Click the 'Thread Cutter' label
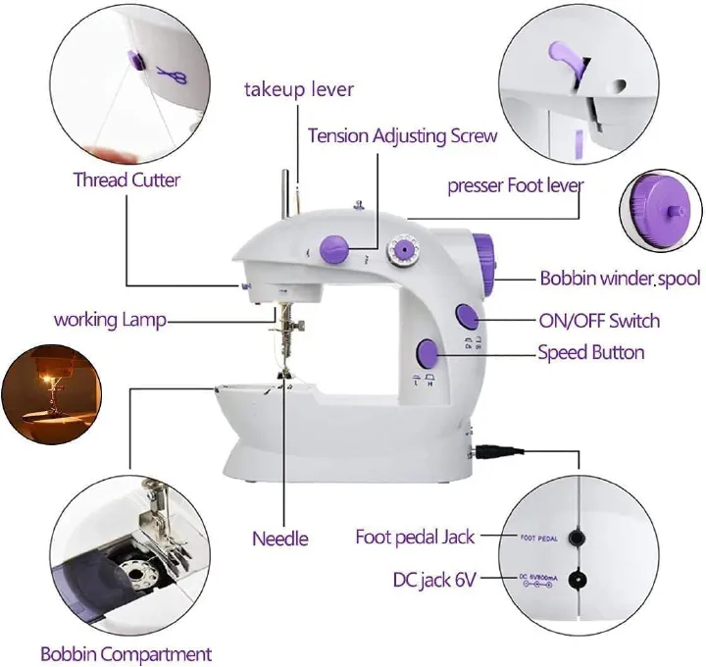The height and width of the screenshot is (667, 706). [126, 180]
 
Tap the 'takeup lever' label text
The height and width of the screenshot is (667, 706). [298, 89]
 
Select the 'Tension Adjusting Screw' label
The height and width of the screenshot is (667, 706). [402, 136]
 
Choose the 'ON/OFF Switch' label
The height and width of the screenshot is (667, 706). [599, 321]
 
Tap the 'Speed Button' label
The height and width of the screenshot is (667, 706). [590, 352]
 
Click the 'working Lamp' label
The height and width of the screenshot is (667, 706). [110, 320]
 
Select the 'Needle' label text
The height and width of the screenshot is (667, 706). [280, 538]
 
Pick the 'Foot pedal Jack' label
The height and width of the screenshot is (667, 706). [415, 537]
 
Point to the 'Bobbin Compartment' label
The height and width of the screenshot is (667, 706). [126, 653]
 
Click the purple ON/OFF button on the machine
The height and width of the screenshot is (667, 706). [468, 316]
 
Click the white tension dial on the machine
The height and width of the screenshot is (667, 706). [400, 251]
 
